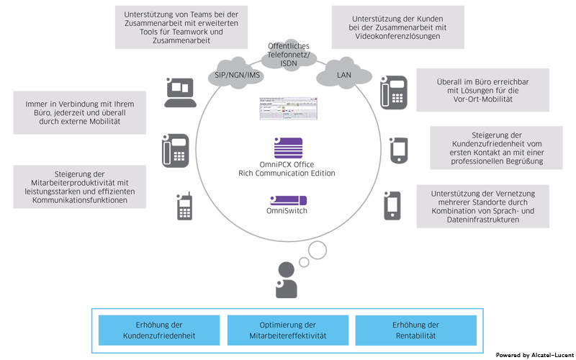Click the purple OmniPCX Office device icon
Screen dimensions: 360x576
(287, 148)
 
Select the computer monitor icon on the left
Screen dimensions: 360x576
(179, 89)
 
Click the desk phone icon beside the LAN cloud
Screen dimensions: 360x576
(394, 91)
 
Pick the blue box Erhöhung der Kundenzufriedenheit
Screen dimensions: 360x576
(158, 330)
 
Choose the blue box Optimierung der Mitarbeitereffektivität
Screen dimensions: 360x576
(287, 330)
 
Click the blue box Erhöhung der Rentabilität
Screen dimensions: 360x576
(415, 330)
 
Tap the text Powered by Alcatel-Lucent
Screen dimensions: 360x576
(535, 355)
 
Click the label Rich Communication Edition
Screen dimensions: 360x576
(287, 174)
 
